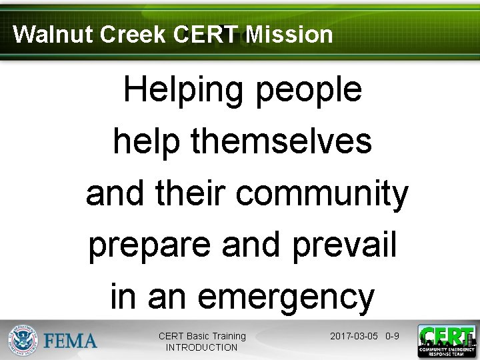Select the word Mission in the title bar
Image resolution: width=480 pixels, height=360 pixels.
point(289,34)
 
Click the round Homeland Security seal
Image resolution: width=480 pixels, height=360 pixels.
point(23,340)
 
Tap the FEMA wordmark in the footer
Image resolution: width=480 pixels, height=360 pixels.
point(70,341)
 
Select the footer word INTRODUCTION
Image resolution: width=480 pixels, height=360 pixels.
point(201,347)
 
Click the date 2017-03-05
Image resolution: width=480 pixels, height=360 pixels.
point(354,336)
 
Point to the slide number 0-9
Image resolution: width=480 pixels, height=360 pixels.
point(392,336)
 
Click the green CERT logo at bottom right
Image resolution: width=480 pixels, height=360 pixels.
point(446,341)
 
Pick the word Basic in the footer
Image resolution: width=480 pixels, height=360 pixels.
point(197,336)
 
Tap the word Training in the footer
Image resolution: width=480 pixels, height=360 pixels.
point(229,336)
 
